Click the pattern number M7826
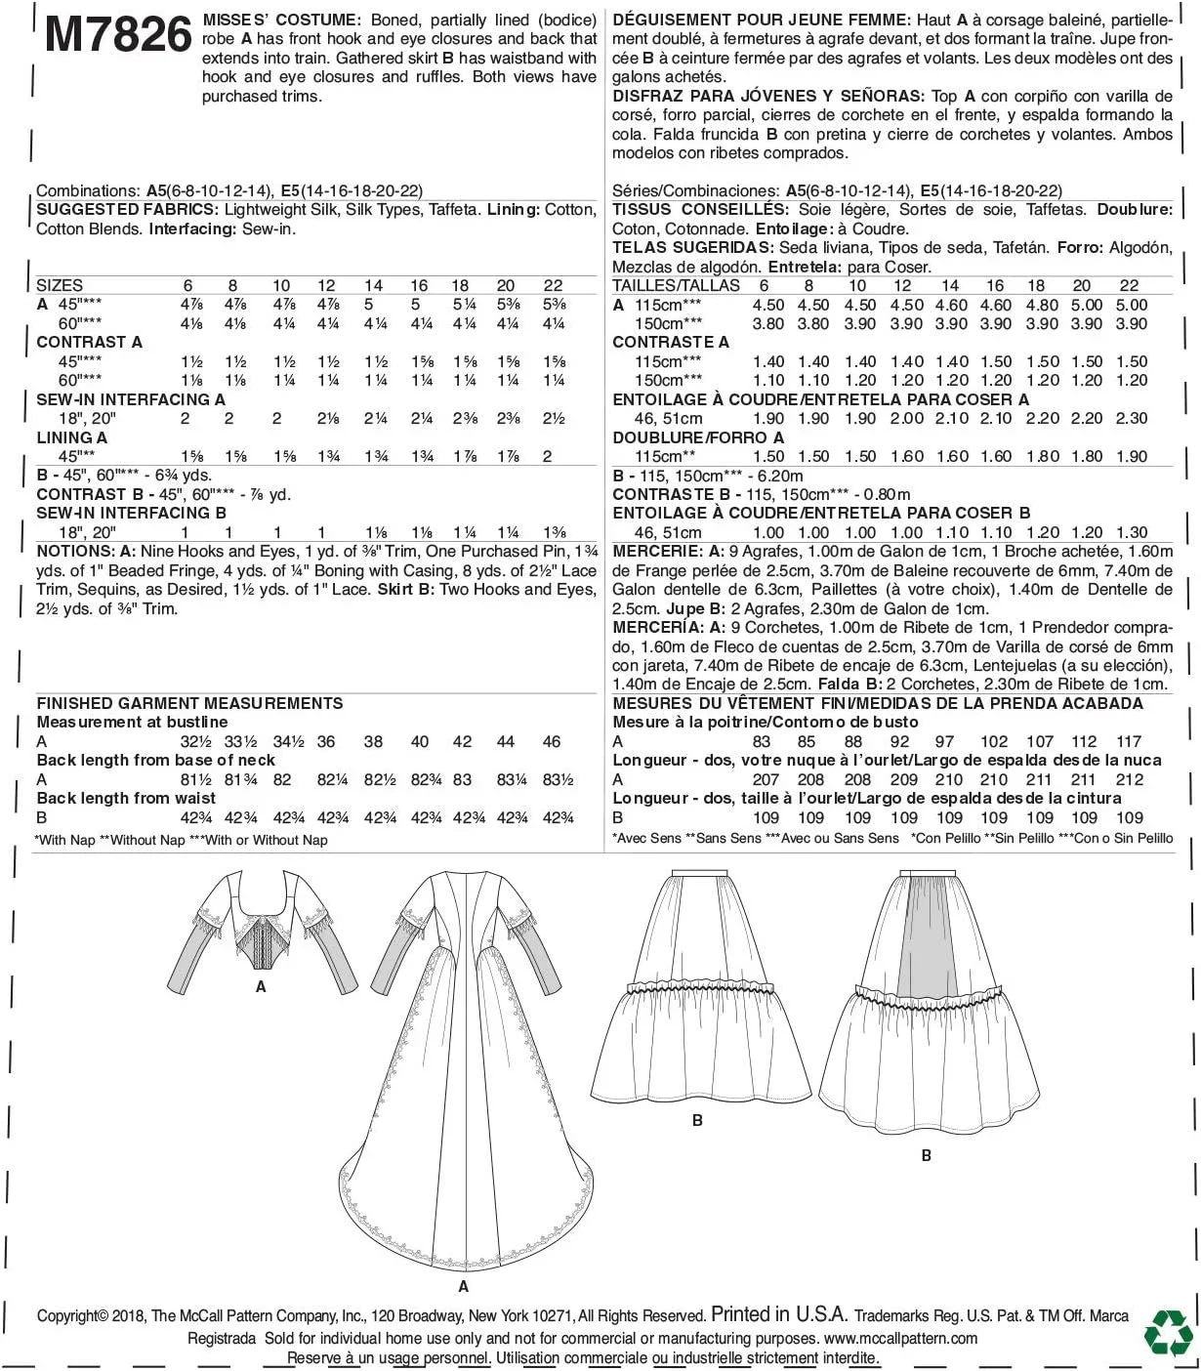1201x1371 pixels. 118,36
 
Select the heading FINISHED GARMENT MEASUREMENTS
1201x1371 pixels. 189,703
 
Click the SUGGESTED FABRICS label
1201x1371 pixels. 127,210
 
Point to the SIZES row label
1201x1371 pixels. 60,285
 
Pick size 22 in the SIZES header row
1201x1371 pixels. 553,285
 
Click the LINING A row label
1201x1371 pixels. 71,437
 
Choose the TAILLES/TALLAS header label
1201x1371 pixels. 676,285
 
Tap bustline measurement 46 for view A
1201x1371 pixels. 552,741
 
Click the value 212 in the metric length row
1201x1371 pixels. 1129,779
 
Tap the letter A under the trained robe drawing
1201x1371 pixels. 464,1286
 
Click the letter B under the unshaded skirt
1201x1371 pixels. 697,1120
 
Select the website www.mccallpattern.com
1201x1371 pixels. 900,1339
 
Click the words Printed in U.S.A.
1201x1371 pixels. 779,1314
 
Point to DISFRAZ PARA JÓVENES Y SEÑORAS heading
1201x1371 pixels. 767,96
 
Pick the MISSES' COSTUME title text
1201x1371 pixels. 282,20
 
